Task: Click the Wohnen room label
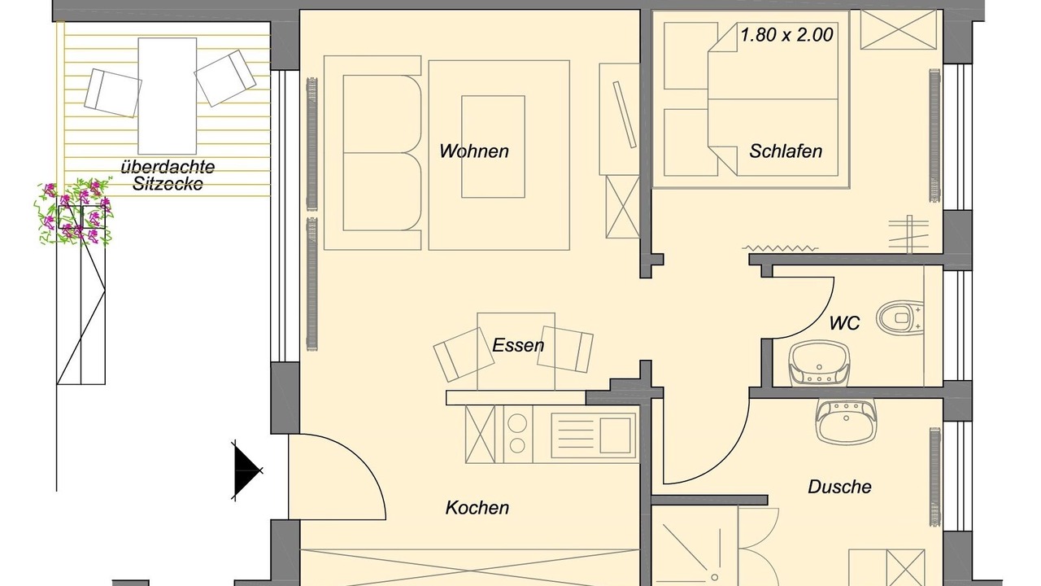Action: [474, 151]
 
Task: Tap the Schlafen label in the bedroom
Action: [786, 151]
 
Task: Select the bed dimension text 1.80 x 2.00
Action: [786, 35]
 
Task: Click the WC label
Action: [844, 323]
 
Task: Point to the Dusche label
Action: [839, 487]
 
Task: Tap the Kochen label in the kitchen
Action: [477, 507]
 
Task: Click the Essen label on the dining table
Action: [518, 345]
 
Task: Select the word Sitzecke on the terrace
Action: [168, 184]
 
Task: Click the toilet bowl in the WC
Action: [899, 317]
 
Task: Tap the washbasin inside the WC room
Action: [819, 363]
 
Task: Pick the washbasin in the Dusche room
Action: [846, 421]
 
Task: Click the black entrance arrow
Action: [246, 470]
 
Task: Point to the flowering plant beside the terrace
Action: [74, 212]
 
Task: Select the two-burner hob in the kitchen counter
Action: [517, 435]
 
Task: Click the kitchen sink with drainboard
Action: [594, 435]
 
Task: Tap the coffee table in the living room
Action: [493, 146]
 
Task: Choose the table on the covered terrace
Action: [168, 96]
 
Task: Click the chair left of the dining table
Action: [464, 354]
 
